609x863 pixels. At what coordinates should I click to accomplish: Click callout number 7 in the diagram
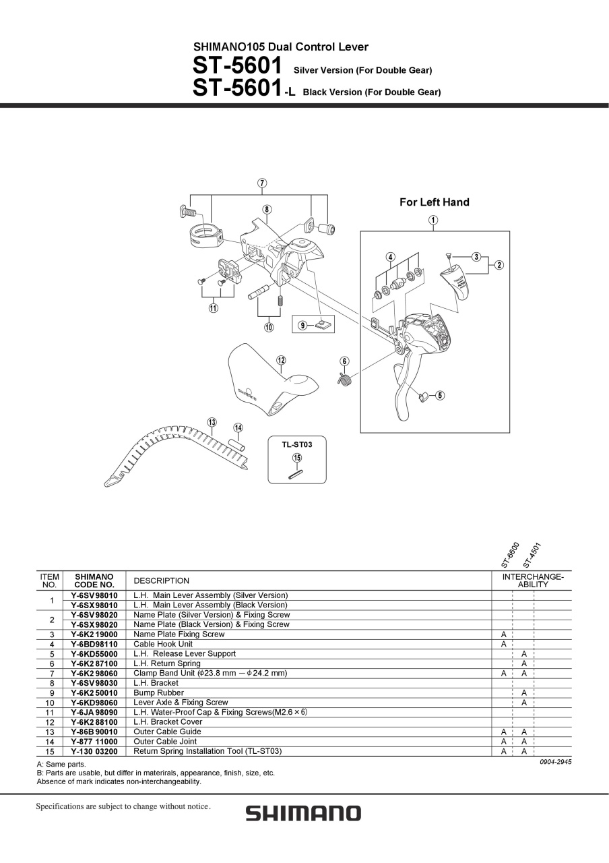tap(262, 183)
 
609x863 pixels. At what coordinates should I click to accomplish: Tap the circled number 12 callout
tap(281, 360)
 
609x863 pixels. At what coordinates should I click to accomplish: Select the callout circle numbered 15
tap(297, 458)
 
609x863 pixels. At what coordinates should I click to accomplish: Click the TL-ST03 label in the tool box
tap(297, 444)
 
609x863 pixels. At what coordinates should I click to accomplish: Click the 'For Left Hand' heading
tap(435, 202)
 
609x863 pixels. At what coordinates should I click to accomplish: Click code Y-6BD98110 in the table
tap(94, 644)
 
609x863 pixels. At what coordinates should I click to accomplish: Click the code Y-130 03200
tap(94, 751)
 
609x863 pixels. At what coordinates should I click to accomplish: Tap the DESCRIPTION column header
tap(161, 581)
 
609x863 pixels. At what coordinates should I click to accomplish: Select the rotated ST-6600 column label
tap(511, 555)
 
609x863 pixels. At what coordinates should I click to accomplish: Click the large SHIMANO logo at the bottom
tap(304, 813)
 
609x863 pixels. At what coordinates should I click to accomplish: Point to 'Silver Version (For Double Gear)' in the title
tap(362, 71)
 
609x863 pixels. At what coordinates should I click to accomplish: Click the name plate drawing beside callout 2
tap(454, 284)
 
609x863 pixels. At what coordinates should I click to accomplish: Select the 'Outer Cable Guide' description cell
tap(167, 732)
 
